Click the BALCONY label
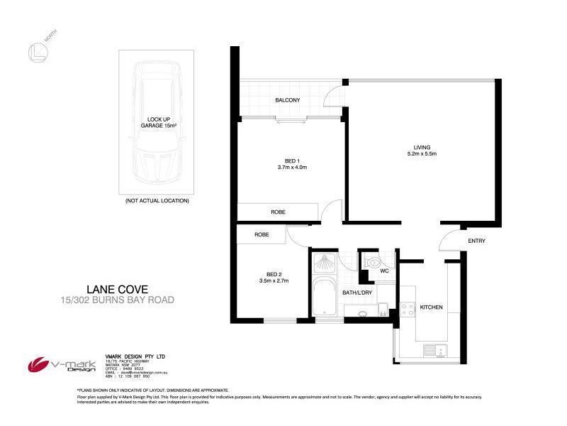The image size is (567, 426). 288,100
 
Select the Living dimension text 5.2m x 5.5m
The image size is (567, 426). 422,154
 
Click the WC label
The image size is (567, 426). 385,271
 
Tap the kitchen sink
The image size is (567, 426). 432,349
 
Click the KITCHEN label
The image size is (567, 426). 431,307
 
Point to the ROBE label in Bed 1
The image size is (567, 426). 278,212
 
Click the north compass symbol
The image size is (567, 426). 36,52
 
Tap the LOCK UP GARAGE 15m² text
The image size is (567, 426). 157,122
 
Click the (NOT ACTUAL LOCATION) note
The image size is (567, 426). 157,201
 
